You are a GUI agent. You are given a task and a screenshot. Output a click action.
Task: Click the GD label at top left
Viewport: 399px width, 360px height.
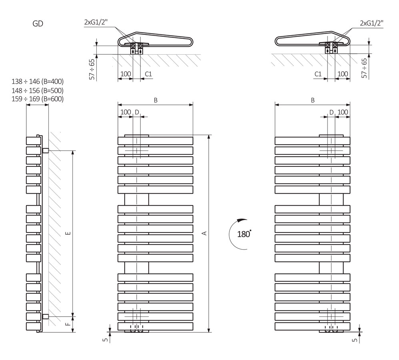click(38, 24)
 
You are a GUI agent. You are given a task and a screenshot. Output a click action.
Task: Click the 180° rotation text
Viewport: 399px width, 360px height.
click(243, 234)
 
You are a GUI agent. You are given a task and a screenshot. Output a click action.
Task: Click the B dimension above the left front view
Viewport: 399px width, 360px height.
click(156, 100)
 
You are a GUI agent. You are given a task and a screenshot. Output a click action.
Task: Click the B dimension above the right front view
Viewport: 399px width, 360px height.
click(313, 100)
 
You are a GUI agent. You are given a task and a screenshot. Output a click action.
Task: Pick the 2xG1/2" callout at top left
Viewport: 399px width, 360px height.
click(96, 23)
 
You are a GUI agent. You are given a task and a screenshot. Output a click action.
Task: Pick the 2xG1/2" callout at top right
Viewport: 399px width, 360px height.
click(371, 23)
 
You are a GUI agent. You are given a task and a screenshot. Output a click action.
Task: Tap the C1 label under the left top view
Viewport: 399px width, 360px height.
click(148, 74)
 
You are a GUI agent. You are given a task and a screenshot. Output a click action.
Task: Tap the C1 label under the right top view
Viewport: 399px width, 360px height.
click(318, 74)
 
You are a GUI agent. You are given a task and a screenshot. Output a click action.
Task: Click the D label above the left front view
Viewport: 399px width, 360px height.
click(137, 112)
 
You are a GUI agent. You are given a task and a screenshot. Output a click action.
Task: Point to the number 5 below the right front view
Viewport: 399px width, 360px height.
click(355, 340)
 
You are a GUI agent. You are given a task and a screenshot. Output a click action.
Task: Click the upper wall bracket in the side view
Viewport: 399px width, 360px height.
click(45, 151)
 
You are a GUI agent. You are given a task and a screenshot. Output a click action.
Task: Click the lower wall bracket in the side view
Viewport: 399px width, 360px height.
click(45, 316)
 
